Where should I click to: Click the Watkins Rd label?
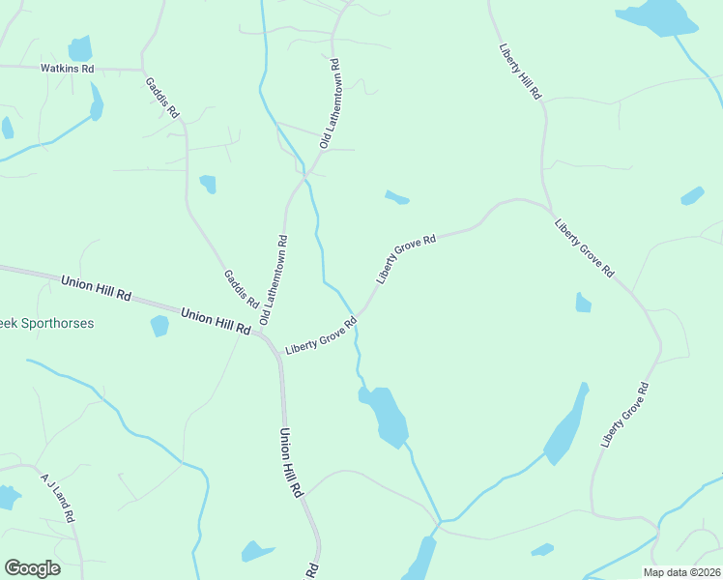point(67,69)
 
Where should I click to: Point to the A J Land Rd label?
point(57,496)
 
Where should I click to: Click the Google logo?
point(32,568)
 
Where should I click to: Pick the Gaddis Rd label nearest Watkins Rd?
point(162,97)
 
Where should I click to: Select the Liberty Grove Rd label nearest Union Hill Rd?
point(321,334)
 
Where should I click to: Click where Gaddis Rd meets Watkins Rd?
point(143,70)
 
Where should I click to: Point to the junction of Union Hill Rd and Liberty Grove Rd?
point(270,340)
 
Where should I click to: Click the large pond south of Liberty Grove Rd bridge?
point(387,416)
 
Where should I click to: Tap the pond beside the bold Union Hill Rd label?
point(159,326)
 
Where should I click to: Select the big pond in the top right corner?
point(657,16)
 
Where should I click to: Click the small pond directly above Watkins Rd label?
point(79,47)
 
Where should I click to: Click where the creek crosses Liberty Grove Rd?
point(357,318)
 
